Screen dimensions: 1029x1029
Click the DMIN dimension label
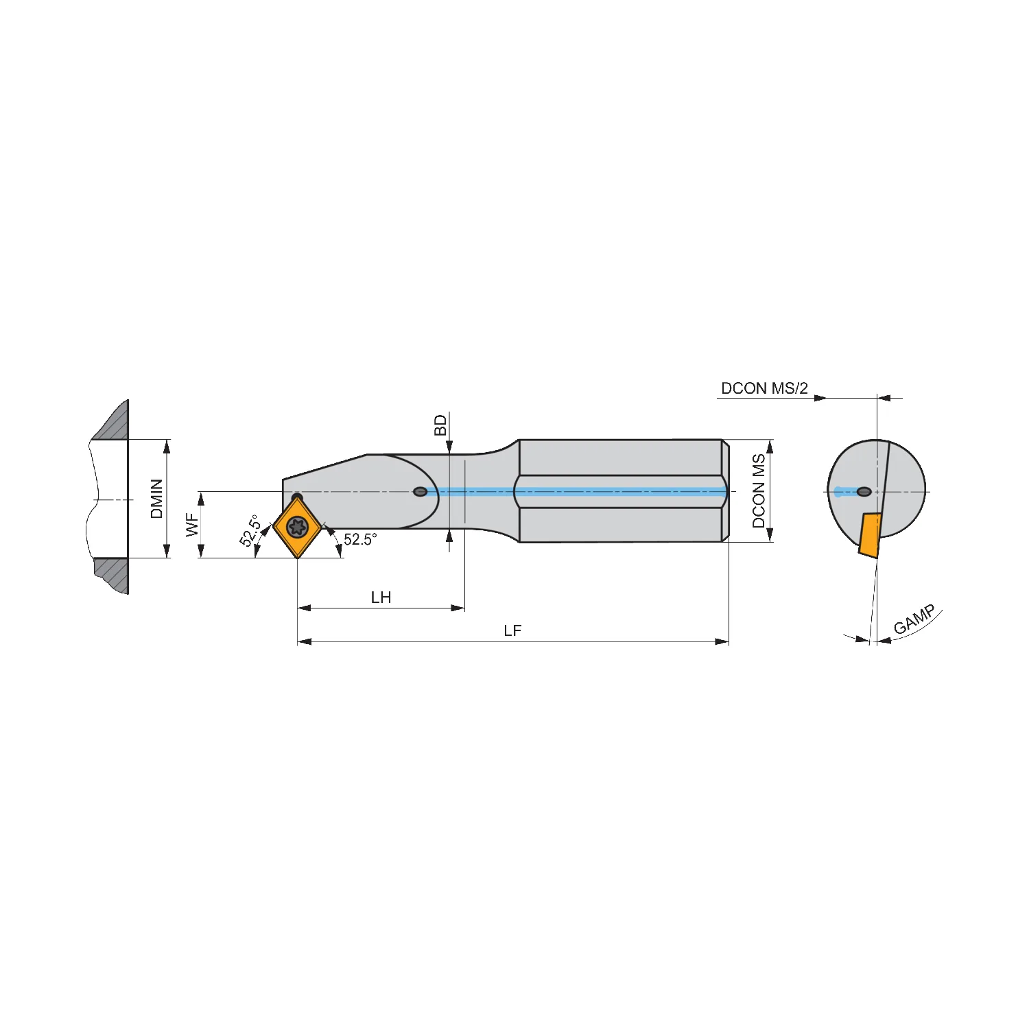[x=157, y=499]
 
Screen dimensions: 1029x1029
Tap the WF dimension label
[x=192, y=525]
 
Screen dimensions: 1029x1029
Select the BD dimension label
[x=440, y=425]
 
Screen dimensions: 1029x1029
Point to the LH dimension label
[x=381, y=598]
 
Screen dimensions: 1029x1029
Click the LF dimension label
[x=512, y=630]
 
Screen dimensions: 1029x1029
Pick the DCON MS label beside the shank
[x=759, y=490]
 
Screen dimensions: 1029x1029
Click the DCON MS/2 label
[x=764, y=388]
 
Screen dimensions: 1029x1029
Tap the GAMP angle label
[x=914, y=619]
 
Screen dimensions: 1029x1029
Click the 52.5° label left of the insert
[x=250, y=531]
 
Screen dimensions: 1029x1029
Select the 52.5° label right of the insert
[x=360, y=539]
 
